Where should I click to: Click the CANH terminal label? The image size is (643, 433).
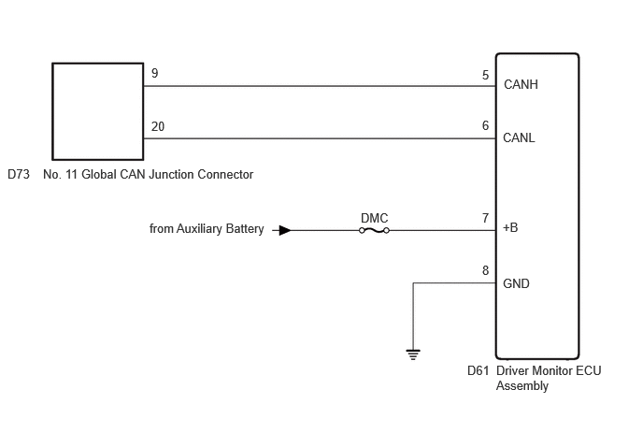coord(521,84)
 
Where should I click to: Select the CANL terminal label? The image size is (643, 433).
coord(519,137)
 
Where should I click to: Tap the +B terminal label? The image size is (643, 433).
coord(510,227)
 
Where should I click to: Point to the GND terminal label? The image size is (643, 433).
coord(516,283)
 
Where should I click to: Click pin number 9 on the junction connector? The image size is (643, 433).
coord(154,73)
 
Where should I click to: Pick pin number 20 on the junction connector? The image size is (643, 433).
coord(158,126)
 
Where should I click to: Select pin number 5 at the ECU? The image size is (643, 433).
coord(486,75)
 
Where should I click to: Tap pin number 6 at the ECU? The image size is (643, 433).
coord(486,125)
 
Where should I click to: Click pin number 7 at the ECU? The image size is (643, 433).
coord(486,218)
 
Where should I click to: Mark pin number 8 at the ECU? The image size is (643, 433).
coord(486,270)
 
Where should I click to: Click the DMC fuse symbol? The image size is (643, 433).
coord(374,231)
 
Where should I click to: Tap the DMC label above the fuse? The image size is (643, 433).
coord(375,218)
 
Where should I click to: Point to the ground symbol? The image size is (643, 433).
coord(413,354)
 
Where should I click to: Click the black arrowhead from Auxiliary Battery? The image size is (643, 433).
coord(285,231)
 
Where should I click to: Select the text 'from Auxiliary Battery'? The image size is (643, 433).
coord(207,228)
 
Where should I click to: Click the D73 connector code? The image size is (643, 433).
coord(19,175)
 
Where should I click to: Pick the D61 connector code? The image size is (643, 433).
coord(479,370)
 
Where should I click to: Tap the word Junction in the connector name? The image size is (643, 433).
coord(171,175)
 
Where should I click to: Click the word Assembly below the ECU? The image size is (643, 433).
coord(522,386)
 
